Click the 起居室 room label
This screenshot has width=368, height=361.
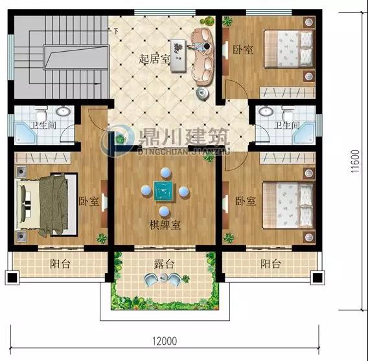[x=154, y=59]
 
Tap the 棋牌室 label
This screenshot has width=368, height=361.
[x=165, y=224]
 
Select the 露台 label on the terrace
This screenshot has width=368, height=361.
[x=165, y=264]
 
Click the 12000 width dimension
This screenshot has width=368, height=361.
[x=165, y=341]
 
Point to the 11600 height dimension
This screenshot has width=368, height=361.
[x=355, y=161]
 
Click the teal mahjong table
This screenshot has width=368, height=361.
[x=165, y=191]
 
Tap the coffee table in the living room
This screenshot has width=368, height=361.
[x=178, y=55]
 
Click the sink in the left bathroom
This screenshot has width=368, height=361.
[x=63, y=111]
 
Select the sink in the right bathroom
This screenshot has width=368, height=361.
[x=266, y=111]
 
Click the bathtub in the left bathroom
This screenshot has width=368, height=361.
[x=26, y=133]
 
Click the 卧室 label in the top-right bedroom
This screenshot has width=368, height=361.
[x=243, y=50]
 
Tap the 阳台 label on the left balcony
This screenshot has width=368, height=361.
[x=60, y=264]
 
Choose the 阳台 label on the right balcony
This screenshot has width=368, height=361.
[x=271, y=264]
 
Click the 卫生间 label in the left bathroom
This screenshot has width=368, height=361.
[x=44, y=125]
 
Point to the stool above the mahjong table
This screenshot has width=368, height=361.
[x=166, y=173]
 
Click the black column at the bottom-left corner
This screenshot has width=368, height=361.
[x=12, y=278]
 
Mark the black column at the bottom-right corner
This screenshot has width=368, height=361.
[x=317, y=278]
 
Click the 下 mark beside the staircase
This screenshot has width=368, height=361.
[x=116, y=31]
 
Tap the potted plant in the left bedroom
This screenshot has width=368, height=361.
[x=102, y=238]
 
